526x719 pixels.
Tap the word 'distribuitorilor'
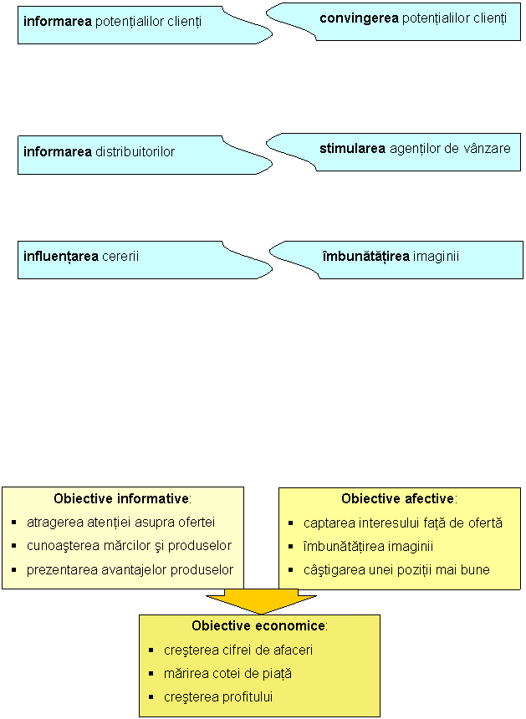tap(135, 152)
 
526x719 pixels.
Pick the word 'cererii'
tap(120, 256)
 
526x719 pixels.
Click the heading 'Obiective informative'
tap(121, 499)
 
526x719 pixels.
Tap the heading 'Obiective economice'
tap(258, 626)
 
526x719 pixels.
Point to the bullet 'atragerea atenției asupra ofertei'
tap(120, 523)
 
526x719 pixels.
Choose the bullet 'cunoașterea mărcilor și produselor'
tap(129, 546)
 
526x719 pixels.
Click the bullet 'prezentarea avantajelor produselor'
tap(130, 570)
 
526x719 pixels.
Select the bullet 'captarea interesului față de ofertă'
tap(402, 523)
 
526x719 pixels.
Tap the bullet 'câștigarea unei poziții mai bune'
tap(396, 570)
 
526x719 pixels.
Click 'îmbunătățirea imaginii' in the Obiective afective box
tap(368, 547)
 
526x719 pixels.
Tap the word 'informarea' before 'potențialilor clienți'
tap(58, 18)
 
